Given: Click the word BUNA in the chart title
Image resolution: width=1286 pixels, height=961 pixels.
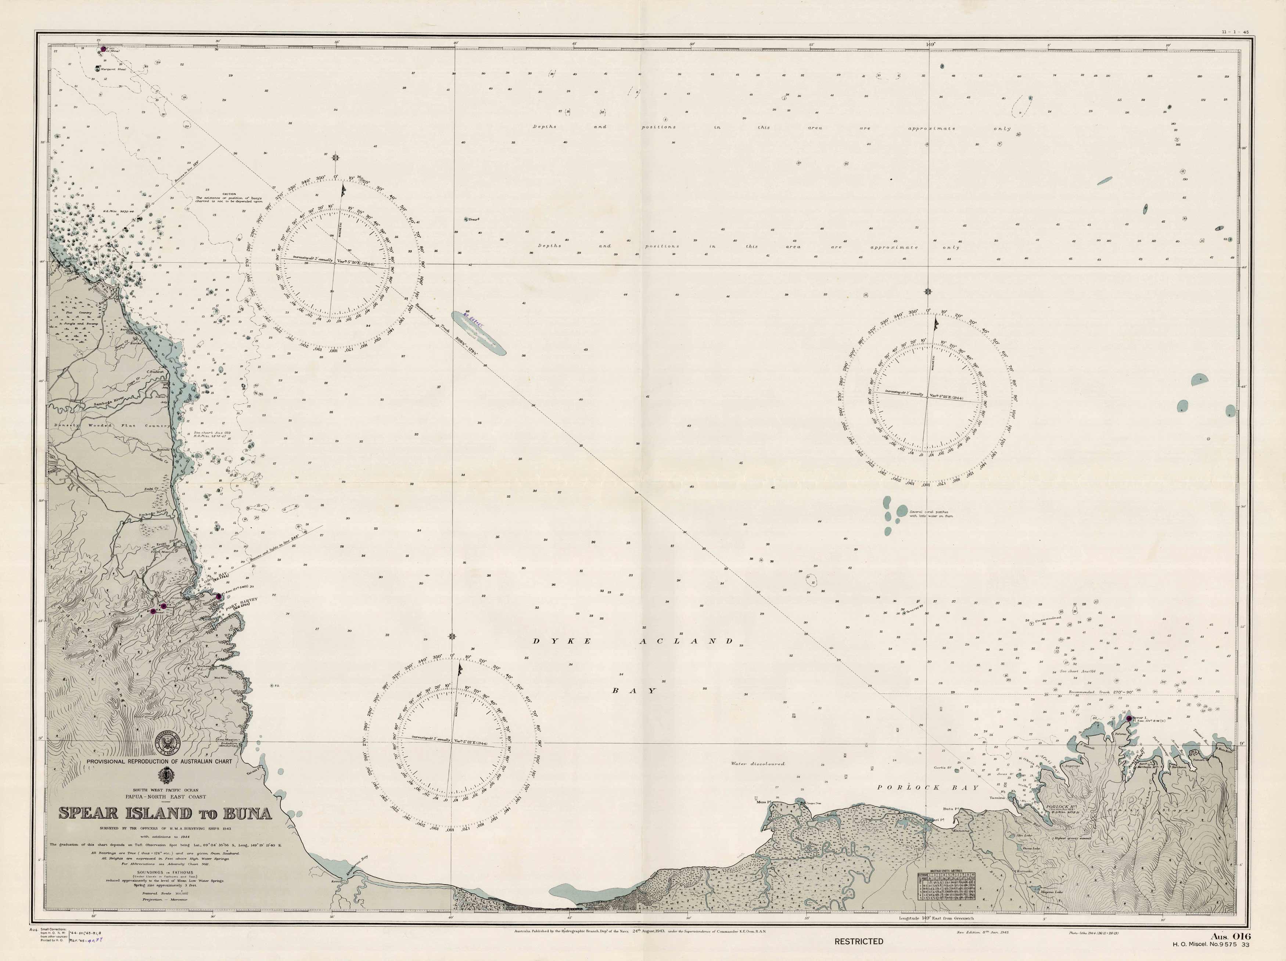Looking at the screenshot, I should pos(243,813).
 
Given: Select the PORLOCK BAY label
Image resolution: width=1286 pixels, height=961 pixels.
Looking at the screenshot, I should pos(928,787).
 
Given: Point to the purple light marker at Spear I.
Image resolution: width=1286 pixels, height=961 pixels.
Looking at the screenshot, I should pos(1129,718).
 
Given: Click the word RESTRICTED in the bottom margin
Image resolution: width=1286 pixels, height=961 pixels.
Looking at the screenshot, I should pos(859,941).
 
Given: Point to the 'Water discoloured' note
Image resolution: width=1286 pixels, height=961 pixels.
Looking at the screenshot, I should pos(758,764).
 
